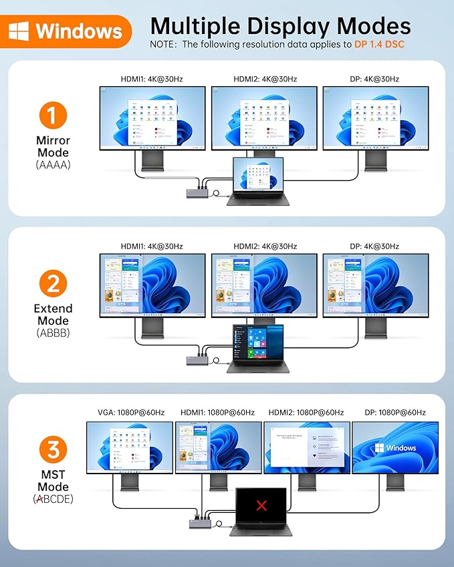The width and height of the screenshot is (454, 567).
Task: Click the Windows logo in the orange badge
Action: (x=19, y=31)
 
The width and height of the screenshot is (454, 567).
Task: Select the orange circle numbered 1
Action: (x=53, y=116)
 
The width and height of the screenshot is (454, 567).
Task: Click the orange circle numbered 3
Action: (x=53, y=449)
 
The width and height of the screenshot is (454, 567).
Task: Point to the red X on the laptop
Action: (x=261, y=505)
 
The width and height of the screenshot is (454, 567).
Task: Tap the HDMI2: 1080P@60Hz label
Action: (x=306, y=413)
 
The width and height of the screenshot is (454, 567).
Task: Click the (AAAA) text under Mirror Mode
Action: (x=53, y=164)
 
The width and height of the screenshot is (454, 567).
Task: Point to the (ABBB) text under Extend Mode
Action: (x=53, y=332)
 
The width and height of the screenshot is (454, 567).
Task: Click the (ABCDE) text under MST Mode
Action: (x=53, y=499)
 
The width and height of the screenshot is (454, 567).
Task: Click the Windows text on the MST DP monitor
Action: (x=401, y=448)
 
